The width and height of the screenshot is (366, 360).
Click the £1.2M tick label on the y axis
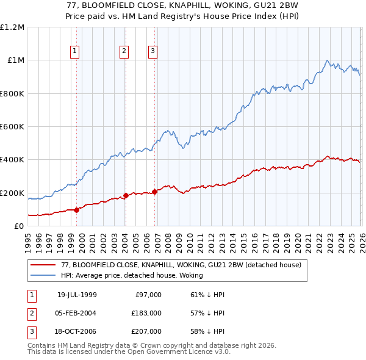[x=12, y=27]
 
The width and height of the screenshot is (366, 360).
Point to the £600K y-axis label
[x=12, y=127]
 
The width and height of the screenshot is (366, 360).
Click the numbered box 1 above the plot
[x=75, y=52]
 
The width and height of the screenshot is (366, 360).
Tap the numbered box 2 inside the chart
[x=124, y=52]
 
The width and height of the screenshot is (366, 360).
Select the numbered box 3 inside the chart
[x=152, y=52]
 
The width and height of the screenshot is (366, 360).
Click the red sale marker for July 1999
[x=76, y=210]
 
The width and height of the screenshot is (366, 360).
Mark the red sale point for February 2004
[x=125, y=196]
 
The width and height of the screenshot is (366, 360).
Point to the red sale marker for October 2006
[x=154, y=192]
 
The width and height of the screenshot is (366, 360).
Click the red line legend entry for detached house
[x=181, y=265]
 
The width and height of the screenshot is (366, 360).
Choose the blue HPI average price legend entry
[x=135, y=275]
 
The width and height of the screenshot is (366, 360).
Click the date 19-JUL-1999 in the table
[x=76, y=295]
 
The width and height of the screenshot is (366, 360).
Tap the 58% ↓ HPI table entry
[x=207, y=331]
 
